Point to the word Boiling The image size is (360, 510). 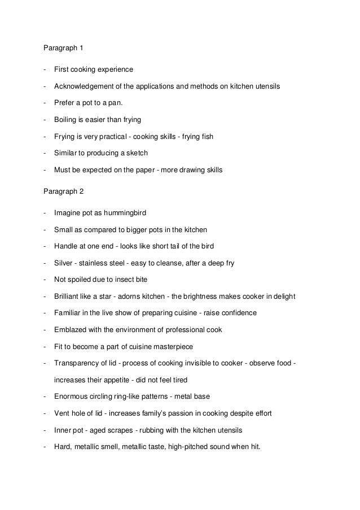point(65,119)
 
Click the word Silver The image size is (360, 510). point(63,262)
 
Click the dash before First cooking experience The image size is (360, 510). point(44,70)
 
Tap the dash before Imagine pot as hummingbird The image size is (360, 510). point(44,213)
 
